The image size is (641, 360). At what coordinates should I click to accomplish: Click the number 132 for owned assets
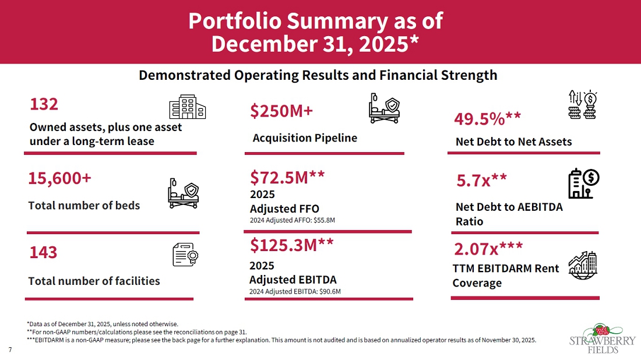[x=44, y=104]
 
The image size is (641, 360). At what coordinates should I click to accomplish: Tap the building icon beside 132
[x=187, y=107]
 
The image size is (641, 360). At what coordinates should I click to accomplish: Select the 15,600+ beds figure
[x=59, y=179]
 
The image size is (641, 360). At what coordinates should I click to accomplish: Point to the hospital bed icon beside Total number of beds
[x=183, y=193]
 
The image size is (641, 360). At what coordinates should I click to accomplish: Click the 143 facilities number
[x=43, y=253]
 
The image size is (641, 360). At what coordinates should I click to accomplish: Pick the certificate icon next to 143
[x=185, y=255]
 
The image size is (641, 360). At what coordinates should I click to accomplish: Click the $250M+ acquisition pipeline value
[x=281, y=111]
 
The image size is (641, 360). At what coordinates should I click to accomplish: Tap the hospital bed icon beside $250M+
[x=384, y=108]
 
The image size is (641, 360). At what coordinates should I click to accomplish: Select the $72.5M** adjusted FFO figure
[x=287, y=177]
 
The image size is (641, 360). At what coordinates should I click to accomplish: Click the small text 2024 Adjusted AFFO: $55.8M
[x=293, y=220]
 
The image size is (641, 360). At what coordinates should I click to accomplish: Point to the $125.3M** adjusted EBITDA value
[x=292, y=245]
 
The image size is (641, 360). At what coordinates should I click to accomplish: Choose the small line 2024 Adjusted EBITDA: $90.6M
[x=295, y=292]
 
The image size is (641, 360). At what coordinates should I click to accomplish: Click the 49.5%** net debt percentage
[x=487, y=119]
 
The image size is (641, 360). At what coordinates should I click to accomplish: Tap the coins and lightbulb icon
[x=583, y=105]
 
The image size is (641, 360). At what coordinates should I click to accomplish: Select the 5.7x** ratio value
[x=481, y=180]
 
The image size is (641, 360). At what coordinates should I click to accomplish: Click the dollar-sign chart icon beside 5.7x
[x=584, y=183]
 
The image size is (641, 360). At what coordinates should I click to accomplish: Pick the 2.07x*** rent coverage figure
[x=488, y=248]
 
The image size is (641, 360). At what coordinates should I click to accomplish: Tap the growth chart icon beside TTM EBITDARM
[x=583, y=265]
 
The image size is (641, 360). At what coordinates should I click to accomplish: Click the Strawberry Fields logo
[x=602, y=339]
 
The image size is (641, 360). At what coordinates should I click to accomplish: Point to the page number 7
[x=10, y=350]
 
